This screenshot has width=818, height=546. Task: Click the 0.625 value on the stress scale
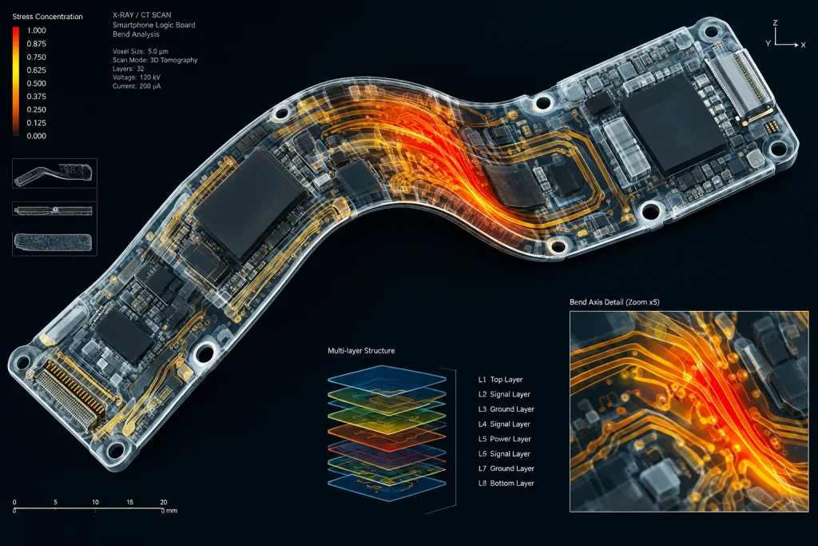[37, 70]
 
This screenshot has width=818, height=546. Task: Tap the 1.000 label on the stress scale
[37, 30]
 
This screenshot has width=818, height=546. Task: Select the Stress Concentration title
[47, 17]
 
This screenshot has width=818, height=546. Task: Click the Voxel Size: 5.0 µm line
[141, 51]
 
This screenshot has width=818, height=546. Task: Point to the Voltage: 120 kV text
[136, 78]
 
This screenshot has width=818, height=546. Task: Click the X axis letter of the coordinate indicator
[804, 45]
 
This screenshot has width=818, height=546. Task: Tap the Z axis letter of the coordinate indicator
[775, 23]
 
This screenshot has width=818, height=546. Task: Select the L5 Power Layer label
[505, 439]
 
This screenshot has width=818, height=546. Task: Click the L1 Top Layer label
[500, 380]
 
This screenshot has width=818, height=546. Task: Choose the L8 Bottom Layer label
[506, 484]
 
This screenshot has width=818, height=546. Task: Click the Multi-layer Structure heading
[361, 351]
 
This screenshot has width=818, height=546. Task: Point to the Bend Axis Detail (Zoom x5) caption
[614, 301]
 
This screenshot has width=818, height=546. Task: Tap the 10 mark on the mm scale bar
[96, 502]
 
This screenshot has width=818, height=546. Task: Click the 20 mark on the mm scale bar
[163, 502]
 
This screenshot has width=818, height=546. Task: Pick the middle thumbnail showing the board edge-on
[54, 211]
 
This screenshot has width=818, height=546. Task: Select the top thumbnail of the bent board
[54, 173]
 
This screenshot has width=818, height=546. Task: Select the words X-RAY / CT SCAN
[142, 14]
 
